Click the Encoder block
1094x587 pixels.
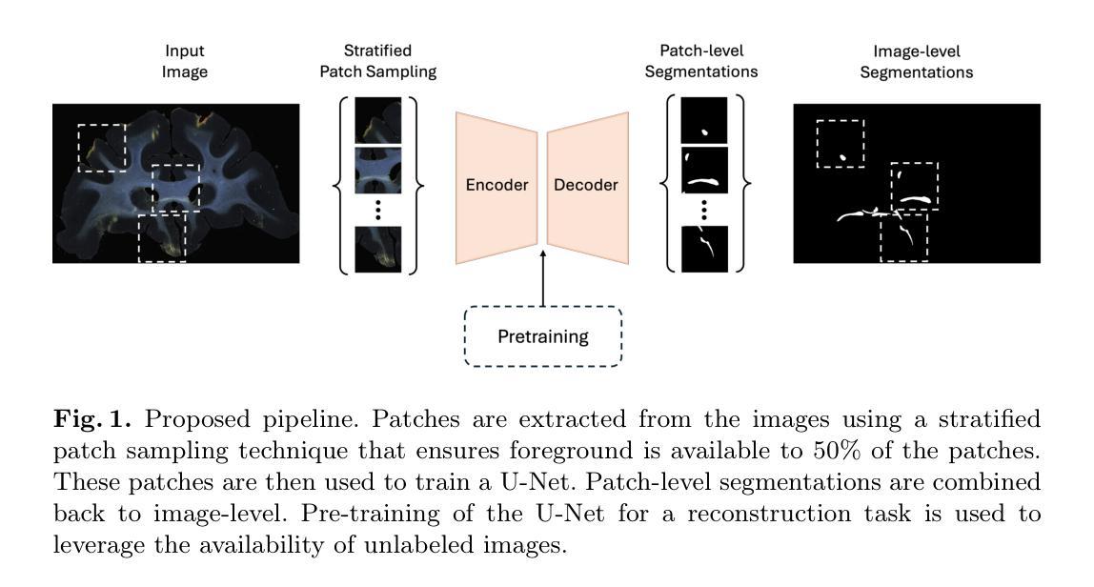496,187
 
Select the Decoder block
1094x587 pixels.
587,187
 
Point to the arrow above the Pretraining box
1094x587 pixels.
543,278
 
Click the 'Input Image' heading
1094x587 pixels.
185,61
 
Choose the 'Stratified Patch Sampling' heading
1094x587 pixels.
377,61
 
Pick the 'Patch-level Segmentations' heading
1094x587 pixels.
701,61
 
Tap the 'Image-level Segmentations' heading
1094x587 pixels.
916,62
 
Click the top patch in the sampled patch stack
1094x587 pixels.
378,120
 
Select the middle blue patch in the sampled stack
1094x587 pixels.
378,171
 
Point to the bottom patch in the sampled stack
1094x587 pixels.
378,249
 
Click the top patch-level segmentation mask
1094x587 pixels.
704,120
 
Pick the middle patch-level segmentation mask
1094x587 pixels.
704,171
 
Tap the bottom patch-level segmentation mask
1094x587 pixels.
704,249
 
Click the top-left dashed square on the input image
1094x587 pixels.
78,148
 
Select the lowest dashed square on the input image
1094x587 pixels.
139,238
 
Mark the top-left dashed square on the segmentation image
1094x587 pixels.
817,144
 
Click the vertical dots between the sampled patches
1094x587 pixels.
378,210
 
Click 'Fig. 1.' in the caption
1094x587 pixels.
92,418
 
